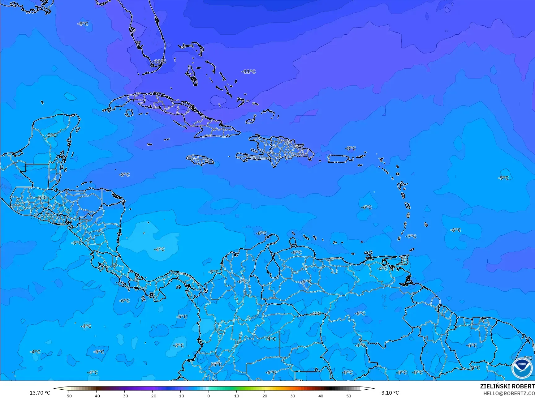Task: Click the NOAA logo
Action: click(522, 368)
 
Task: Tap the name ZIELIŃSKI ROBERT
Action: click(507, 386)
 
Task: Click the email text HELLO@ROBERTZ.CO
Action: click(509, 393)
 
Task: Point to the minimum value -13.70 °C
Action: click(39, 393)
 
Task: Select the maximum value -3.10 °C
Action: click(389, 393)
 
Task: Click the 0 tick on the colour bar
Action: click(209, 396)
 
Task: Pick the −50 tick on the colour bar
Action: click(68, 396)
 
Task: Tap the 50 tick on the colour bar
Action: click(349, 396)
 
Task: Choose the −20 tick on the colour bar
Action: click(152, 396)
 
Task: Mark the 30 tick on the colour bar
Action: click(293, 396)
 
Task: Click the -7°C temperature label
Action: click(411, 237)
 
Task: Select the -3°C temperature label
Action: click(178, 345)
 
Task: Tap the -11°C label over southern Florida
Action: click(159, 62)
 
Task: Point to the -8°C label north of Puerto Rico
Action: click(351, 148)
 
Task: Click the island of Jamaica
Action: click(200, 160)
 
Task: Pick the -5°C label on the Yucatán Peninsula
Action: click(51, 135)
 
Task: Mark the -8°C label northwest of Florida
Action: click(83, 24)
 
